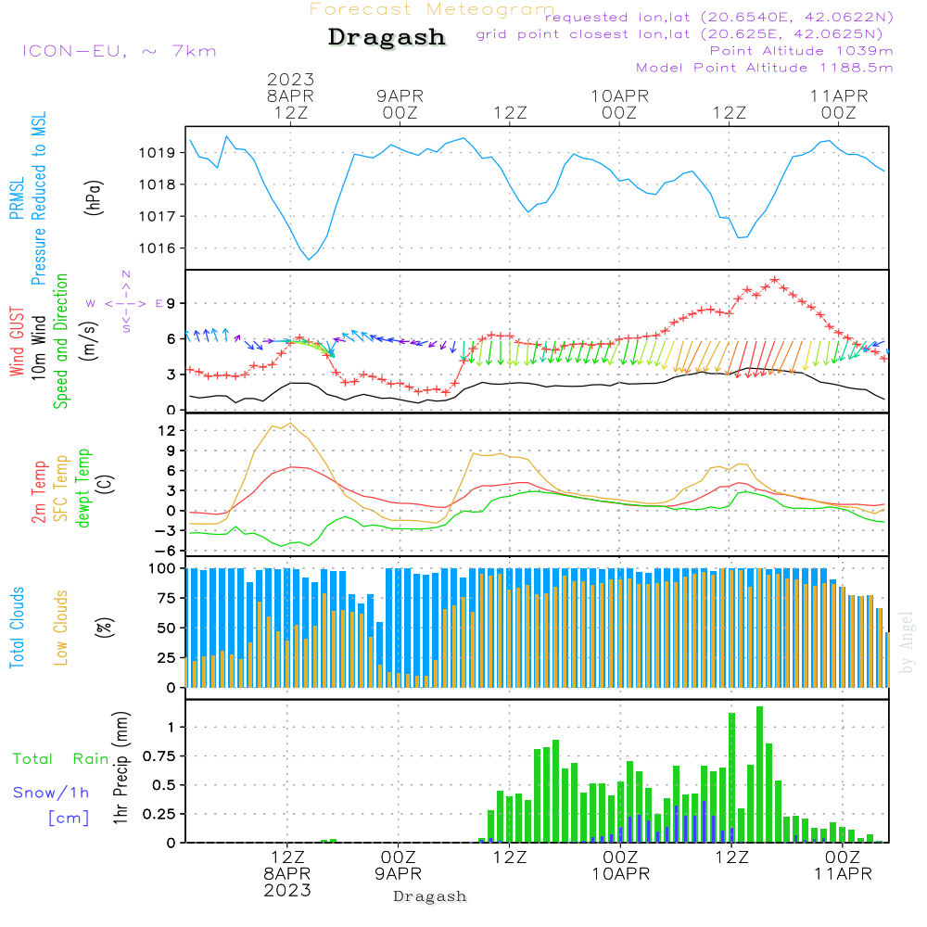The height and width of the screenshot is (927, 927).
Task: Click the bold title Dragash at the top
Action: coord(387,38)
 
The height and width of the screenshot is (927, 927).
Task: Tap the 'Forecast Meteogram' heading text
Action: coord(432,9)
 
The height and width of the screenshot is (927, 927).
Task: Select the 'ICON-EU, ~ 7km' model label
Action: coord(119,51)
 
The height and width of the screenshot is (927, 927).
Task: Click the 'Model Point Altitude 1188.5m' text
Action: coord(765,68)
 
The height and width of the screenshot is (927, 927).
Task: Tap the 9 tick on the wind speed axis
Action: coord(171,304)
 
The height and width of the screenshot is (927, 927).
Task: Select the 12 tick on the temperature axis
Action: coord(168,431)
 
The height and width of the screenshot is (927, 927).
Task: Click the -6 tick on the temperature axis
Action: coord(168,550)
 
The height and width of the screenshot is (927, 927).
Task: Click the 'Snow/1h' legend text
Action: coord(51,793)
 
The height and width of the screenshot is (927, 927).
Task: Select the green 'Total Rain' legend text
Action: coord(61,759)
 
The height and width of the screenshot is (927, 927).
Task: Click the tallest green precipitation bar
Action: coord(759,774)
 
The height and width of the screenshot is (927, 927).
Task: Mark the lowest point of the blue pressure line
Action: coord(309,260)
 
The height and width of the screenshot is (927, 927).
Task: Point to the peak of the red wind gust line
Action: coord(773,279)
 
